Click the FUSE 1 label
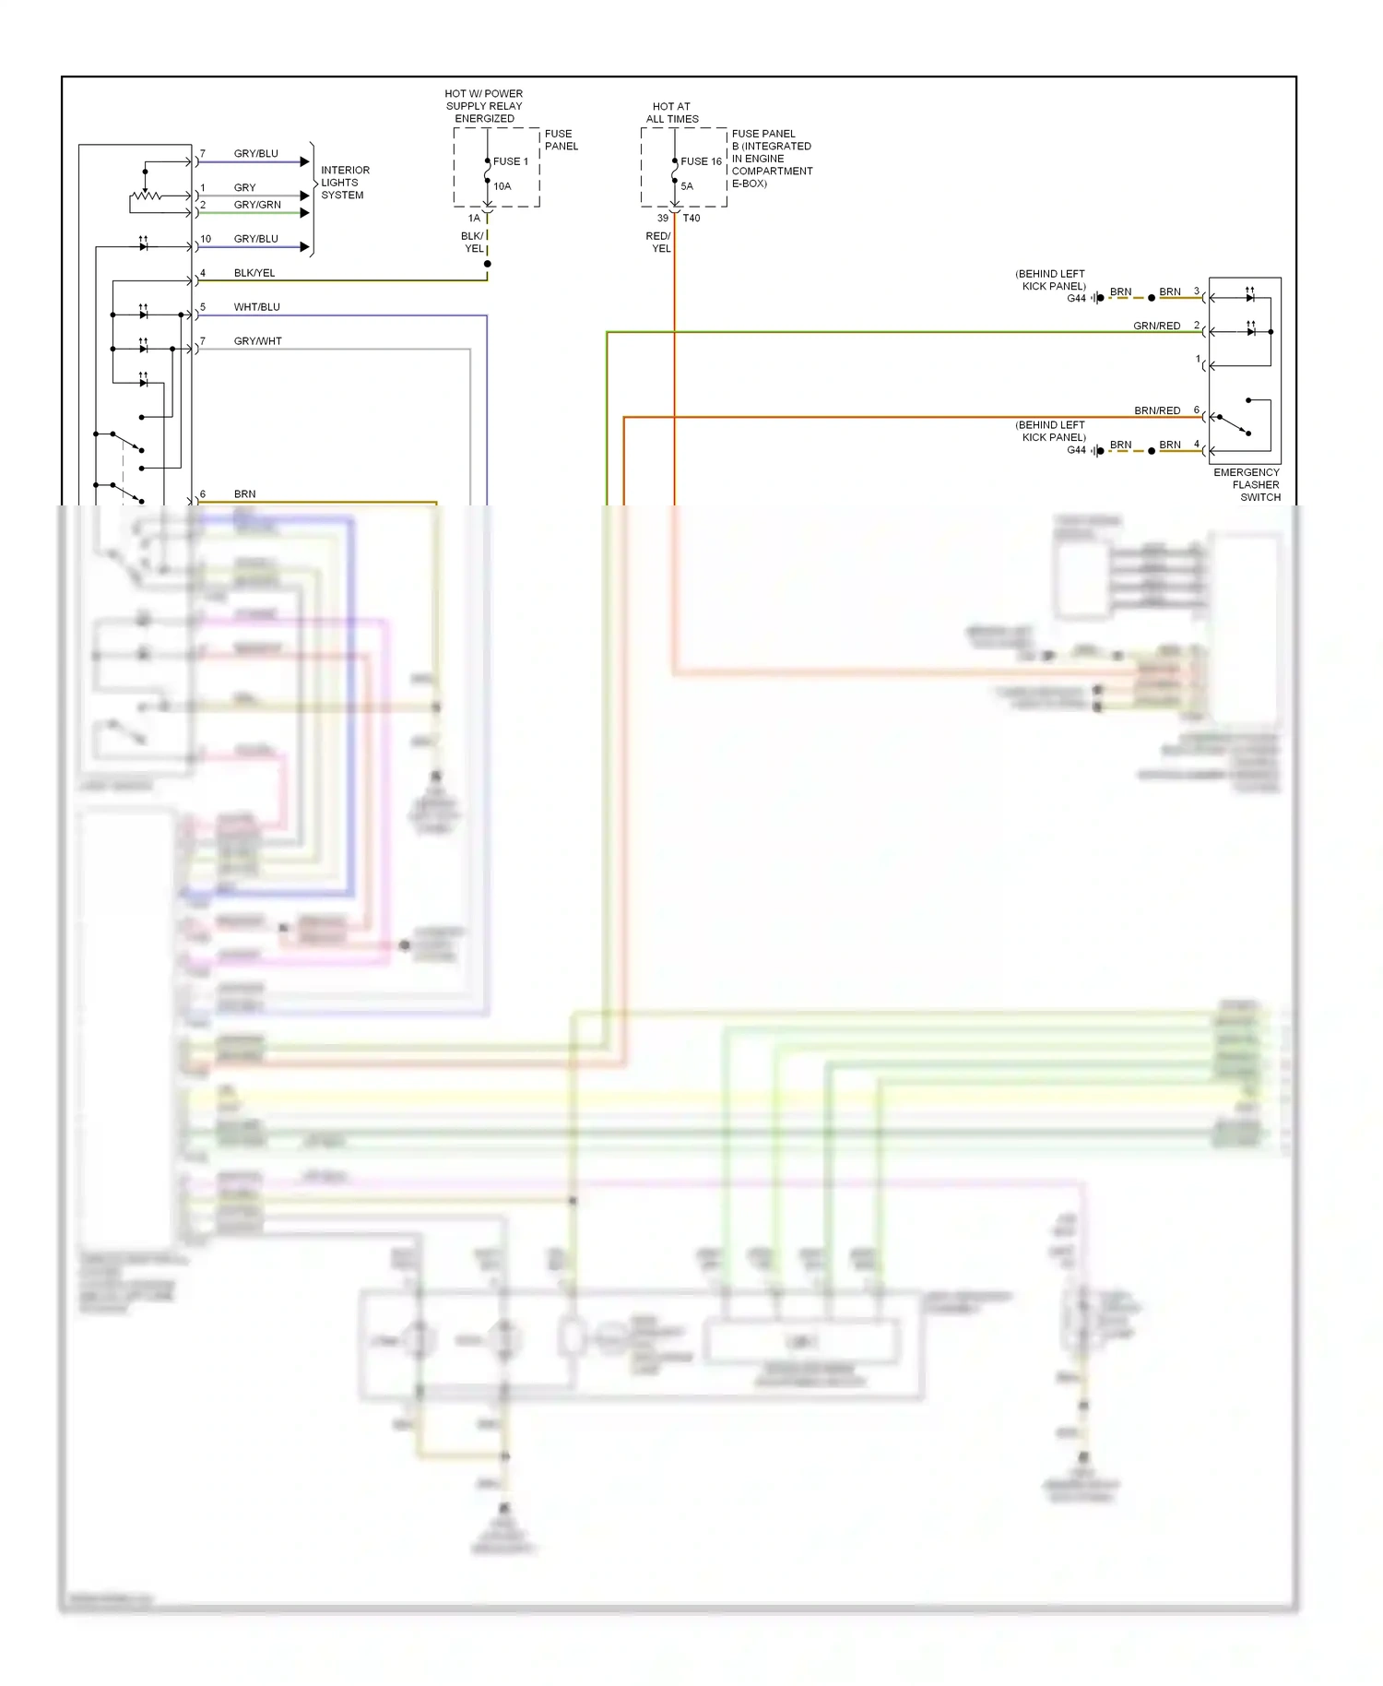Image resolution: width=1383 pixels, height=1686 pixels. click(x=510, y=161)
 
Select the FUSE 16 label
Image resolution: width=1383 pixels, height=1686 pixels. click(x=701, y=161)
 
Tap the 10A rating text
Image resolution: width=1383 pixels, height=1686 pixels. click(x=502, y=186)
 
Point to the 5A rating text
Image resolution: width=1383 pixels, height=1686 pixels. click(x=687, y=186)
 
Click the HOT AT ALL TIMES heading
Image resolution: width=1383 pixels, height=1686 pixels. click(x=672, y=113)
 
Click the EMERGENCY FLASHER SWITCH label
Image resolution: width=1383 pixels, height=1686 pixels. click(x=1247, y=484)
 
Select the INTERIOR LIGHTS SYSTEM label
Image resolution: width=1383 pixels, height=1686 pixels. click(x=344, y=183)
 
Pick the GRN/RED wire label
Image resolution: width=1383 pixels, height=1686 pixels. click(x=1156, y=326)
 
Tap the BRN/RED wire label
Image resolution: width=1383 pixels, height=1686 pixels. click(x=1156, y=410)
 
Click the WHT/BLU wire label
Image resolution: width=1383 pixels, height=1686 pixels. click(x=256, y=307)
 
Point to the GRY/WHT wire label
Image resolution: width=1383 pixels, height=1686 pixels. click(x=257, y=341)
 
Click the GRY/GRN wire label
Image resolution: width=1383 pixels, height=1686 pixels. click(x=257, y=205)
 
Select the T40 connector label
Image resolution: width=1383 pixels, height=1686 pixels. click(x=691, y=219)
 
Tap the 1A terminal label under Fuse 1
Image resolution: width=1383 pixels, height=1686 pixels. click(x=474, y=219)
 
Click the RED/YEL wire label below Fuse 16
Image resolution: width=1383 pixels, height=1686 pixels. click(x=658, y=243)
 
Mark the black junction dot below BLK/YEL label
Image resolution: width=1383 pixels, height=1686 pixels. click(x=487, y=264)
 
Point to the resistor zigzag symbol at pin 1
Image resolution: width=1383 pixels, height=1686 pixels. click(x=146, y=196)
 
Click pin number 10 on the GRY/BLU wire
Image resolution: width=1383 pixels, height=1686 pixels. click(x=206, y=239)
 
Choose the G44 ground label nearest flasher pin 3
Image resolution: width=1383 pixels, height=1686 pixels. click(x=1076, y=298)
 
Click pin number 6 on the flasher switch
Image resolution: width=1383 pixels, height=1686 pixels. click(x=1197, y=410)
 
